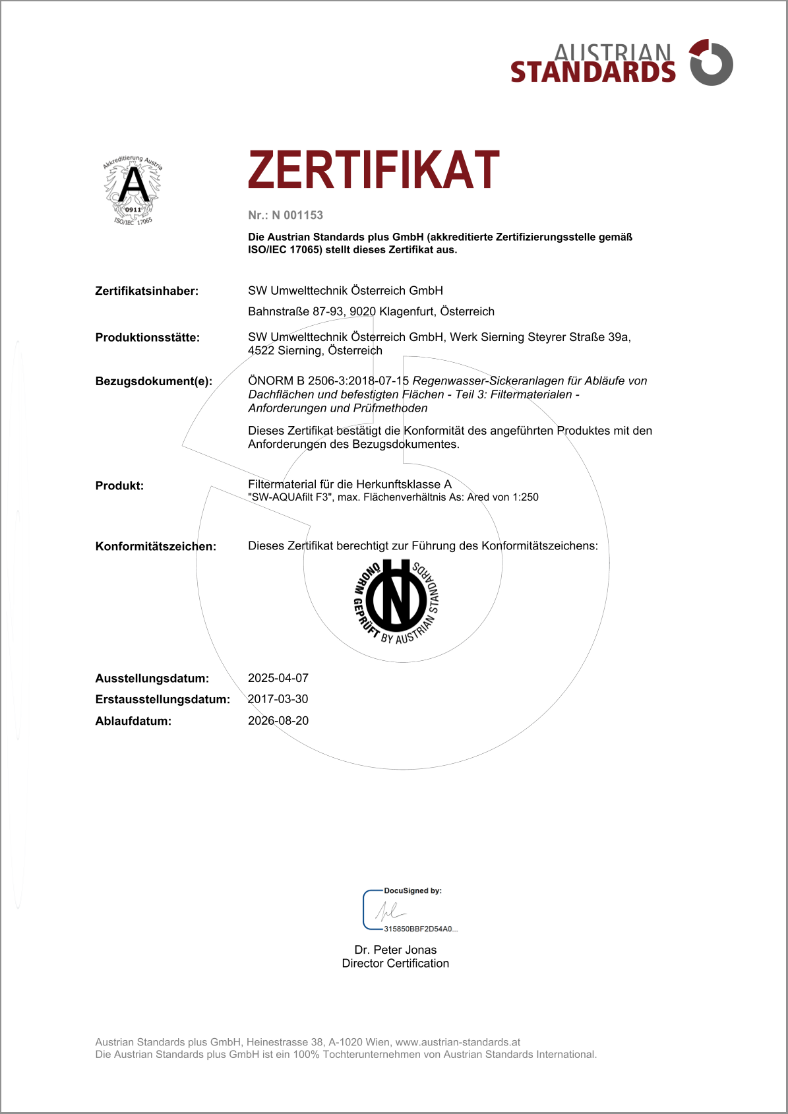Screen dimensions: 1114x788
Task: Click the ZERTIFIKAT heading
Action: pyautogui.click(x=373, y=170)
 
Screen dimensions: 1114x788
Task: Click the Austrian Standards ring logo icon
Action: pyautogui.click(x=711, y=63)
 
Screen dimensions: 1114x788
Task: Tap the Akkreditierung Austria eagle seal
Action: pyautogui.click(x=133, y=190)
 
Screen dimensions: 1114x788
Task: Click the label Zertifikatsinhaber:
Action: pyautogui.click(x=146, y=291)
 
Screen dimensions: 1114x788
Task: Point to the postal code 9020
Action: pyautogui.click(x=363, y=311)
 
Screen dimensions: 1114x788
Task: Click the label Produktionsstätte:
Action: pyautogui.click(x=147, y=338)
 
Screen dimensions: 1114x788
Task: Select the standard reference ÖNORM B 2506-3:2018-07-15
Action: pyautogui.click(x=328, y=381)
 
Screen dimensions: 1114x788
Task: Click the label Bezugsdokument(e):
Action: pyautogui.click(x=154, y=381)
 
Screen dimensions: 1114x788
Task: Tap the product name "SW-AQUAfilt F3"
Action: pyautogui.click(x=290, y=497)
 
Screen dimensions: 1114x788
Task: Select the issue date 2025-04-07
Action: pyautogui.click(x=278, y=678)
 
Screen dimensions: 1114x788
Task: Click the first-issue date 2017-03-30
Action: pyautogui.click(x=278, y=699)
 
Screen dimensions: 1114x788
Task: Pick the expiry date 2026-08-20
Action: pyautogui.click(x=278, y=721)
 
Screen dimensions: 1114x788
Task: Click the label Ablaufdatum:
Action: pyautogui.click(x=133, y=721)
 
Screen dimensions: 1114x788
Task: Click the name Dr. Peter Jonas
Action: pyautogui.click(x=396, y=950)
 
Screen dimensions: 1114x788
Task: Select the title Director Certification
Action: pyautogui.click(x=396, y=963)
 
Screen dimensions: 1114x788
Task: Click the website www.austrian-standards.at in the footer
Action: pyautogui.click(x=458, y=1042)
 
